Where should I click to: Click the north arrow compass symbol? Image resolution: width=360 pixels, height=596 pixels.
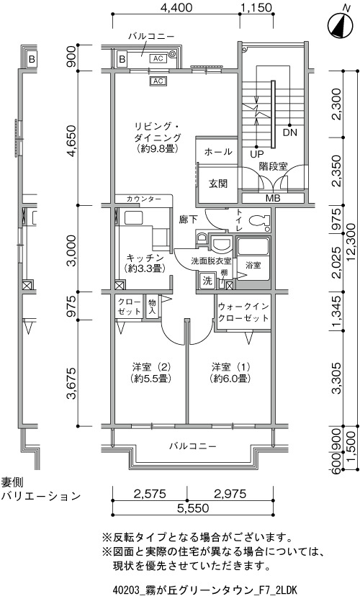click(341, 25)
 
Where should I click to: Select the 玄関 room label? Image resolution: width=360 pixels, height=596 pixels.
click(218, 184)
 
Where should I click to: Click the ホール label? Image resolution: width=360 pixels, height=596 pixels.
click(218, 152)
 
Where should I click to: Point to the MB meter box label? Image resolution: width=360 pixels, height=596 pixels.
click(273, 198)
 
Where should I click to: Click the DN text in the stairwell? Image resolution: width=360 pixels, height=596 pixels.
click(290, 132)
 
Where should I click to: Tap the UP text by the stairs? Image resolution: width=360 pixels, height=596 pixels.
click(257, 155)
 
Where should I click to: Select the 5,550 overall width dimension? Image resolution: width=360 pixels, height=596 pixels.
click(193, 507)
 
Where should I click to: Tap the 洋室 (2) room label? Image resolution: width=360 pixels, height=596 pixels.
click(151, 373)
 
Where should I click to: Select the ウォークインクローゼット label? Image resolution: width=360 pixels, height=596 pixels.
click(243, 312)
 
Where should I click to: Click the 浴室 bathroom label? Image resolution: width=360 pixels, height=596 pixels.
click(253, 265)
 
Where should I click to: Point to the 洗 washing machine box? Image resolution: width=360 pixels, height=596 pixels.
click(207, 281)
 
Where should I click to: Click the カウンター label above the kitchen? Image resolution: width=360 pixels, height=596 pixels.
click(144, 199)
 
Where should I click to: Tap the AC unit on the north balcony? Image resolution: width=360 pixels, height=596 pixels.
click(158, 58)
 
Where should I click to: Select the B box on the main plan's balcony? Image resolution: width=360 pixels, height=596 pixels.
click(122, 59)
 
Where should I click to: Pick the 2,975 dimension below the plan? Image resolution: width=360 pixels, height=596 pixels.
click(230, 493)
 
